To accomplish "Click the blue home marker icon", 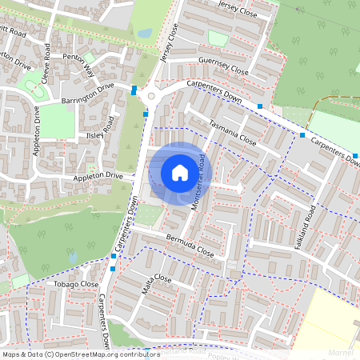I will [180, 173].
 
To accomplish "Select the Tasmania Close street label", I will [232, 133].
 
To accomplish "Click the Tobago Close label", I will [76, 284].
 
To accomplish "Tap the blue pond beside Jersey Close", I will [145, 34].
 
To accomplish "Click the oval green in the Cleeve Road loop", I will [34, 82].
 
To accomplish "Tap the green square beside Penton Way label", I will [90, 58].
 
